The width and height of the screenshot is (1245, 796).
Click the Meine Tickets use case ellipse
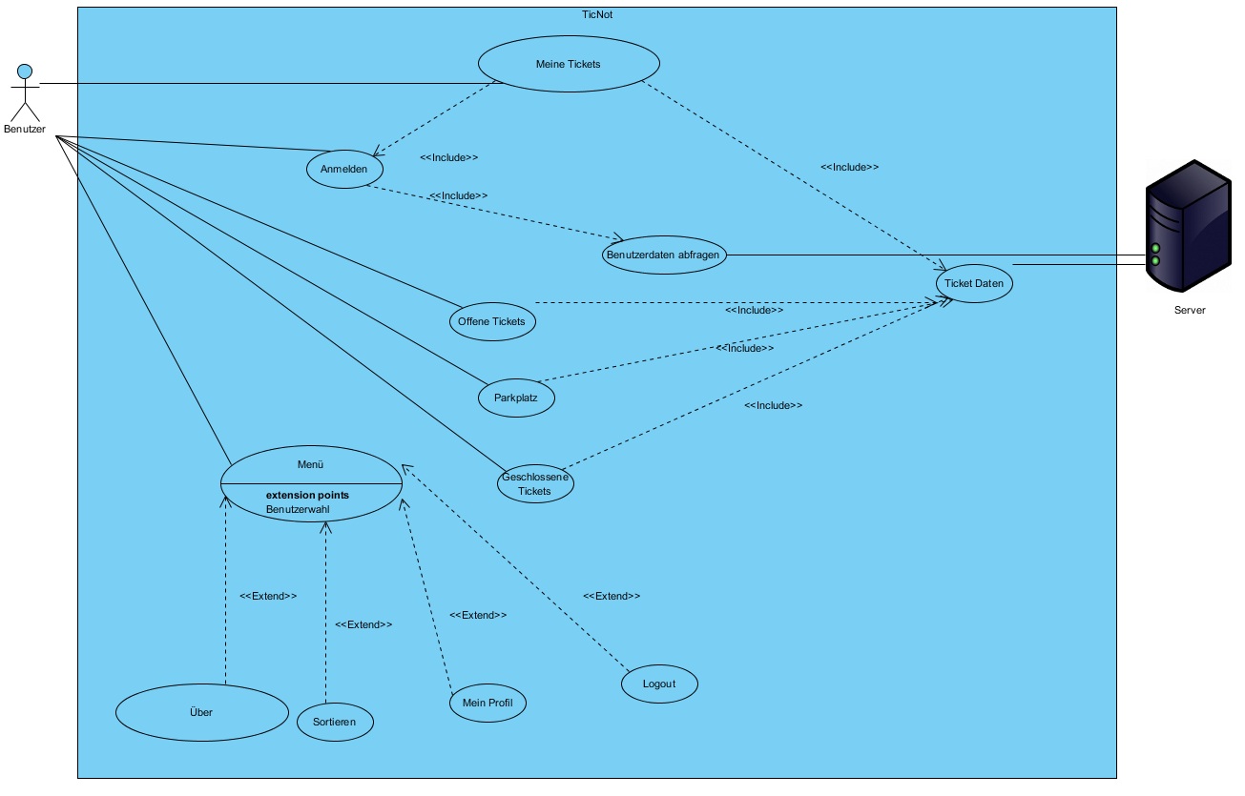(x=569, y=64)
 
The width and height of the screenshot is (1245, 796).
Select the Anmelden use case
(x=344, y=169)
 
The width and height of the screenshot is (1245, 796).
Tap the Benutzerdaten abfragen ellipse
(x=665, y=255)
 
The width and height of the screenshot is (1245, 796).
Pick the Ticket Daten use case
(x=973, y=283)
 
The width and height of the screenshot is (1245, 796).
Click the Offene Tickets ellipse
(x=491, y=321)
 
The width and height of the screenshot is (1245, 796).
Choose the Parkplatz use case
(x=516, y=398)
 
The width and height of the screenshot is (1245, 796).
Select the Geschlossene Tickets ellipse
(x=535, y=483)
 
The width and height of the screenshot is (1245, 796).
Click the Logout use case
(x=659, y=684)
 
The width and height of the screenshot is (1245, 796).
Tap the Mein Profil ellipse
(x=488, y=703)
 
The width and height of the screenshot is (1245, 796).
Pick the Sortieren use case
(x=335, y=722)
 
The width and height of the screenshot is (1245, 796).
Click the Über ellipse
(x=201, y=712)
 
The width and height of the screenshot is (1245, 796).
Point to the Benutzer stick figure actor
(x=25, y=95)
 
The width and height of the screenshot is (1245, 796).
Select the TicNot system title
(x=596, y=15)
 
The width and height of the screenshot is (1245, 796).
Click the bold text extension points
(x=307, y=496)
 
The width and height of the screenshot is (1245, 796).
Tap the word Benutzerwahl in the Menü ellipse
(x=298, y=510)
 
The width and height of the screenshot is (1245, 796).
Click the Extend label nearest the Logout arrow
(x=612, y=596)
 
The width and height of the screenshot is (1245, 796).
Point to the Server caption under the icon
(x=1189, y=310)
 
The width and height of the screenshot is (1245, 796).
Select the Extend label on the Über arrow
(x=268, y=596)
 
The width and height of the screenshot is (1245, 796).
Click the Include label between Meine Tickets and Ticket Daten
(x=849, y=167)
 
